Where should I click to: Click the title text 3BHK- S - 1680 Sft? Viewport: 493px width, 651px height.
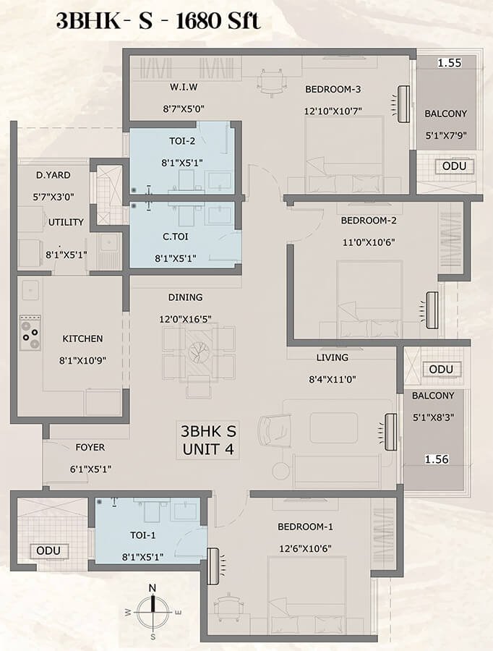coord(158,21)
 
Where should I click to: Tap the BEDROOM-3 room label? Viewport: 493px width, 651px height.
coord(333,89)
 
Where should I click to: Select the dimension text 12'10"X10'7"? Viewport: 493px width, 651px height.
coord(333,111)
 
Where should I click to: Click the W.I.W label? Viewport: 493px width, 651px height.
coord(184,88)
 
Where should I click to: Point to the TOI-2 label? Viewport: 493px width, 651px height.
coord(182,141)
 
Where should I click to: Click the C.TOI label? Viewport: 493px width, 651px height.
coord(175,237)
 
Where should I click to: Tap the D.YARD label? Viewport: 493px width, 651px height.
coord(53,175)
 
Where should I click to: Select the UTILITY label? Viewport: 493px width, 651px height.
coord(66,222)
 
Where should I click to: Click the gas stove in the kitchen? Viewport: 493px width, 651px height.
coord(30,332)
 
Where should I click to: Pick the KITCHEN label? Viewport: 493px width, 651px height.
coord(82,339)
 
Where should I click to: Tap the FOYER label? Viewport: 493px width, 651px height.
coord(90,448)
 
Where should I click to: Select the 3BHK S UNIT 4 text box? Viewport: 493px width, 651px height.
coord(208,441)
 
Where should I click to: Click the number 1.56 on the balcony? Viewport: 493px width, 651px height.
coord(437,459)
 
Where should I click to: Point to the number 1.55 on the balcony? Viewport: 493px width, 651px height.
coord(450,63)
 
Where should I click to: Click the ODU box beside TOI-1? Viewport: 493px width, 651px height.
coord(48,551)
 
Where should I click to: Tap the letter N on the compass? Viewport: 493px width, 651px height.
coord(153,588)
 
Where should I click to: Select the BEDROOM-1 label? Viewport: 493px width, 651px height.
coord(306,527)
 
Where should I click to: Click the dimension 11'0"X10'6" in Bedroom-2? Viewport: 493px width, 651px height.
coord(369,242)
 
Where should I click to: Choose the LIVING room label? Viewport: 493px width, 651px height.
coord(333,357)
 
